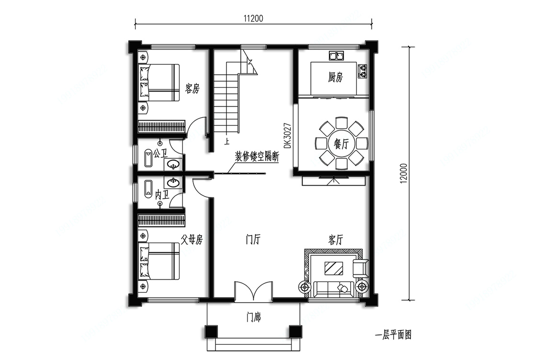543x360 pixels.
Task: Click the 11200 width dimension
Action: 253,18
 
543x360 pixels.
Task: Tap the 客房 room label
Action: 192,89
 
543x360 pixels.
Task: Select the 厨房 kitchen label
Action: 335,77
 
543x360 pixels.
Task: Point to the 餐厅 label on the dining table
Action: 341,144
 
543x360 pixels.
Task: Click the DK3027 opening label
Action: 287,136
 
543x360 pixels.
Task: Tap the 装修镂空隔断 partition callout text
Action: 257,157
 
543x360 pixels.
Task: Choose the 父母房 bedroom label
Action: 192,239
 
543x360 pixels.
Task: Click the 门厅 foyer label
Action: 253,239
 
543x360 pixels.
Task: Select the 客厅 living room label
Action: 336,239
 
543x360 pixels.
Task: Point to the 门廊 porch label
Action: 254,317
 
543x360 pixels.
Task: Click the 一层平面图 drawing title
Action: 394,335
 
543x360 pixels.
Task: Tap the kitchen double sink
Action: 336,56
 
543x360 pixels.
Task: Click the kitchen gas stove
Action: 362,70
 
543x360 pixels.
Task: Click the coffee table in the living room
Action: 334,268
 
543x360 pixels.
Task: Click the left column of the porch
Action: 211,331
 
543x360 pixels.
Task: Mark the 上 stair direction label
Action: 227,141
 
